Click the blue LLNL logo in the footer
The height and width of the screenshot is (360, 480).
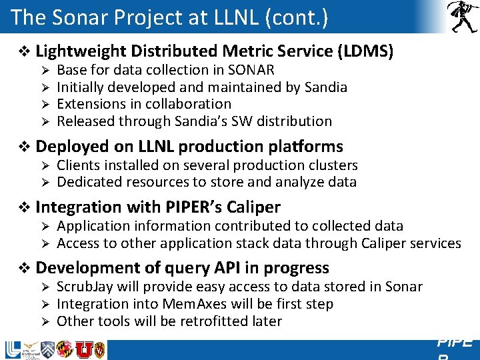tap(13, 350)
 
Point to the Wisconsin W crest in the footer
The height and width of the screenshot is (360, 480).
tap(99, 350)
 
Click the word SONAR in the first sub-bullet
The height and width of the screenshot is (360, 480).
tap(252, 70)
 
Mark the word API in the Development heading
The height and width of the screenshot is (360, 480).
tap(229, 268)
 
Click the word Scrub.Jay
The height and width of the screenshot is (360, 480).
tap(85, 287)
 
